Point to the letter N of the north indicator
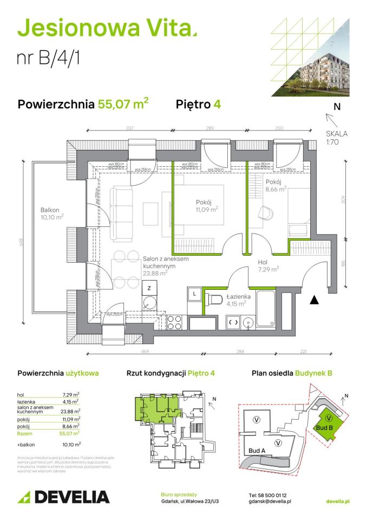click(337, 107)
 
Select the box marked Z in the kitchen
click(148, 288)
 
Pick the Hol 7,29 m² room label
click(268, 265)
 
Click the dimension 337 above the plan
click(129, 129)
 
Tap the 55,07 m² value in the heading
click(123, 104)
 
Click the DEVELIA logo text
click(71, 496)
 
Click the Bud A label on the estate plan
click(257, 450)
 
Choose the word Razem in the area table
click(24, 433)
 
